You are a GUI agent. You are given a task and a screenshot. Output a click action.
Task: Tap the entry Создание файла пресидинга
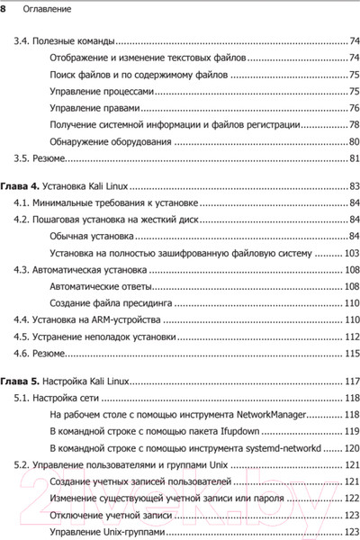click(115, 302)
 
